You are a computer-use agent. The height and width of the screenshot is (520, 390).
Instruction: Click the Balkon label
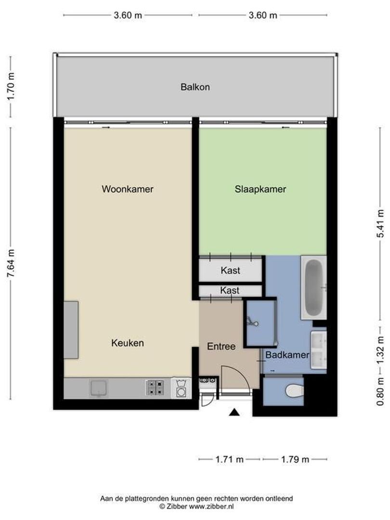coord(195,87)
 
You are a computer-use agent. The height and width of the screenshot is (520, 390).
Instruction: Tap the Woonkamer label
coord(127,189)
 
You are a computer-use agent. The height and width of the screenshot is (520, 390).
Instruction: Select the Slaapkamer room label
coord(260,189)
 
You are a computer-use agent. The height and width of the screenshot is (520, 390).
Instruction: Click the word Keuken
coord(127,343)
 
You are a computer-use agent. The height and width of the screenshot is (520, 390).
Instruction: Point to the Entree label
coord(221,346)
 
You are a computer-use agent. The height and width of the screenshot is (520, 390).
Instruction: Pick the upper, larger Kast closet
coord(230,271)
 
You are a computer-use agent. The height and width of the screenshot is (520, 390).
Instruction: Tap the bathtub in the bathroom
coord(313,287)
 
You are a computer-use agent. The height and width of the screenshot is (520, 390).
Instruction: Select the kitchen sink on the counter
coord(98,388)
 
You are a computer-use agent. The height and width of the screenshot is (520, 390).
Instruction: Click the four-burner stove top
coord(155,388)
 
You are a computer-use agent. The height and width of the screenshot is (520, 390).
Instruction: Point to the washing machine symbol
coord(181,388)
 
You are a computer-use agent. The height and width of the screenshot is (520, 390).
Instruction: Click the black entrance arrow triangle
coord(234,412)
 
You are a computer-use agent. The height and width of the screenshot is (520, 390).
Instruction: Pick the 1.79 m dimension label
coord(295,459)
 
